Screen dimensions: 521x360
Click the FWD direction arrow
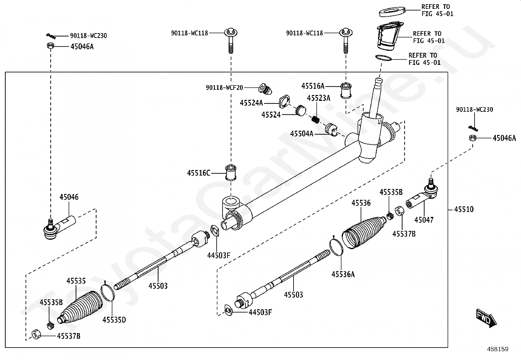486,318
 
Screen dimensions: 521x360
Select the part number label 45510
464,209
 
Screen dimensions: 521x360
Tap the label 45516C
199,173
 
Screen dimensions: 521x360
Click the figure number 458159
498,349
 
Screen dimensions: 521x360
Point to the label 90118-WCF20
225,87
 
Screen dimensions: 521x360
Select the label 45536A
343,274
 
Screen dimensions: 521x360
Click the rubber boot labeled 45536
363,232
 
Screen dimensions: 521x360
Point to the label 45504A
302,134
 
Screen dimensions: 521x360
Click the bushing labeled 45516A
346,90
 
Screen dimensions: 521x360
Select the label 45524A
251,103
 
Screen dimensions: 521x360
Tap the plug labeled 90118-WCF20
265,89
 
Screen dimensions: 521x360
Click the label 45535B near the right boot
391,192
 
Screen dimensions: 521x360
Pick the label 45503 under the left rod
158,286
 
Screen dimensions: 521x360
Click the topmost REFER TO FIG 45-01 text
437,10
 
